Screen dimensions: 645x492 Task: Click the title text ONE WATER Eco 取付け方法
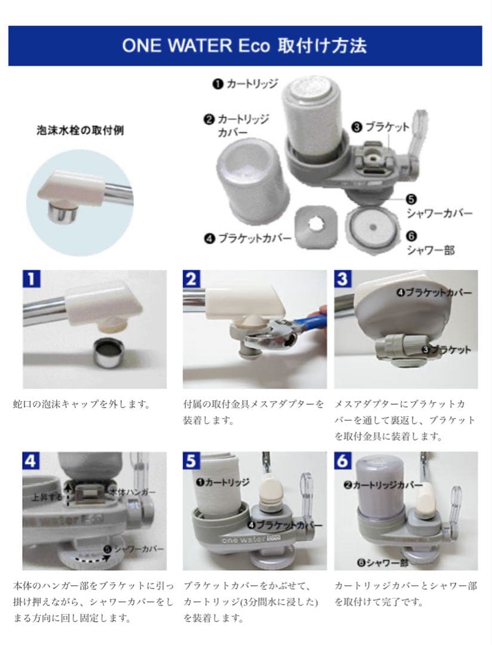(244, 46)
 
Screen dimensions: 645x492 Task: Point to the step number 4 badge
(32, 460)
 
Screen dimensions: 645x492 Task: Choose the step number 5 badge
(192, 460)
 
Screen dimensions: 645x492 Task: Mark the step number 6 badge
(343, 460)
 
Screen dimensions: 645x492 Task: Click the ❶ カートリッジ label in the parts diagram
(245, 84)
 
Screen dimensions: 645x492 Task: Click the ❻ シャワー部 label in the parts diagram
(429, 242)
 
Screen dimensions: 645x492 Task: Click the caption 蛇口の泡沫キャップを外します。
(81, 404)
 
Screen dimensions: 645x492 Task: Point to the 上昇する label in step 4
(47, 496)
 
